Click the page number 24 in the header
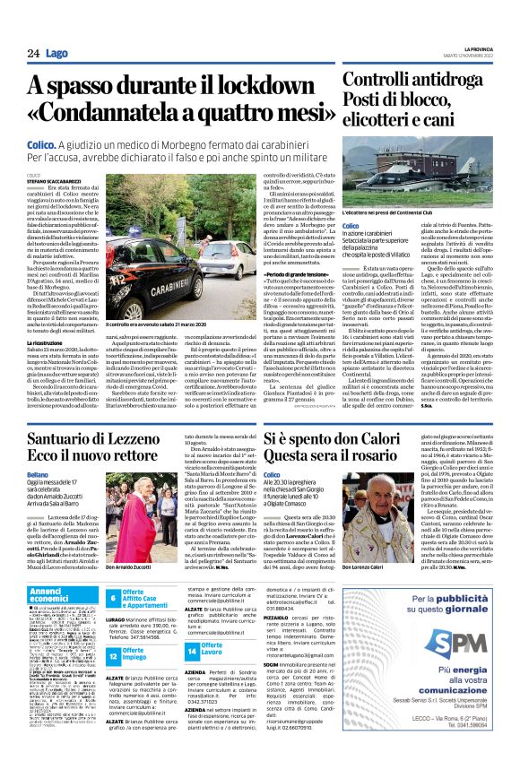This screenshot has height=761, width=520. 32,54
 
